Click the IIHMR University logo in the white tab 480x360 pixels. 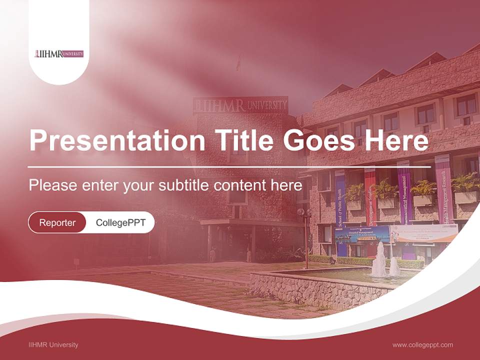59,53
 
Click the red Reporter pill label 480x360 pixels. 57,222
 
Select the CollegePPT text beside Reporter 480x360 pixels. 120,222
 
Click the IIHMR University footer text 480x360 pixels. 53,344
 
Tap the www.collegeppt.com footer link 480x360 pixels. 422,344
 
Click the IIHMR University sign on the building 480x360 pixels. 241,105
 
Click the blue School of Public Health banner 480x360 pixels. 340,205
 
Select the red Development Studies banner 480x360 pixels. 370,197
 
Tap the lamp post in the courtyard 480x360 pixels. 304,235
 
